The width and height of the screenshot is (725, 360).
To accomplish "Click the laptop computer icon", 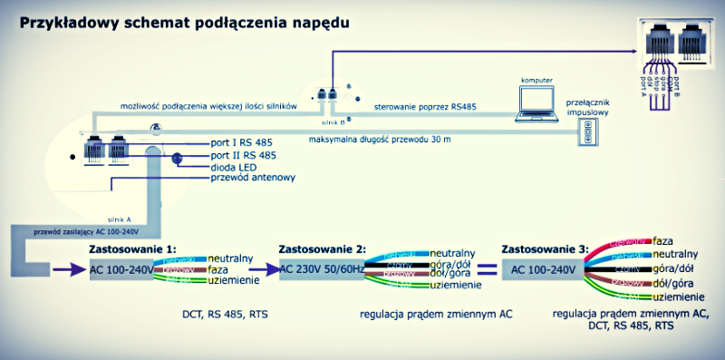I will [x=536, y=106].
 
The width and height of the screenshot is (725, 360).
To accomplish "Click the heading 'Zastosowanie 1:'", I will [x=131, y=248].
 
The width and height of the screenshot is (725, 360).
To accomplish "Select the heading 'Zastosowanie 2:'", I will [x=322, y=248].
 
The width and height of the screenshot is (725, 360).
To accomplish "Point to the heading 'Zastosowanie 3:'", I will [x=545, y=248].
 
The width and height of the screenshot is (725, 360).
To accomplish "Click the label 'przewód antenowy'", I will [x=252, y=178].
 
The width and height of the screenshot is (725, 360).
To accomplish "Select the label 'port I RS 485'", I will [x=240, y=143].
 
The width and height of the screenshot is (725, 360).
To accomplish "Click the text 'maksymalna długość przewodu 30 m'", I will [x=392, y=140].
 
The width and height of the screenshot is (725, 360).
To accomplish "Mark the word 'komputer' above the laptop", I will [x=536, y=80].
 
